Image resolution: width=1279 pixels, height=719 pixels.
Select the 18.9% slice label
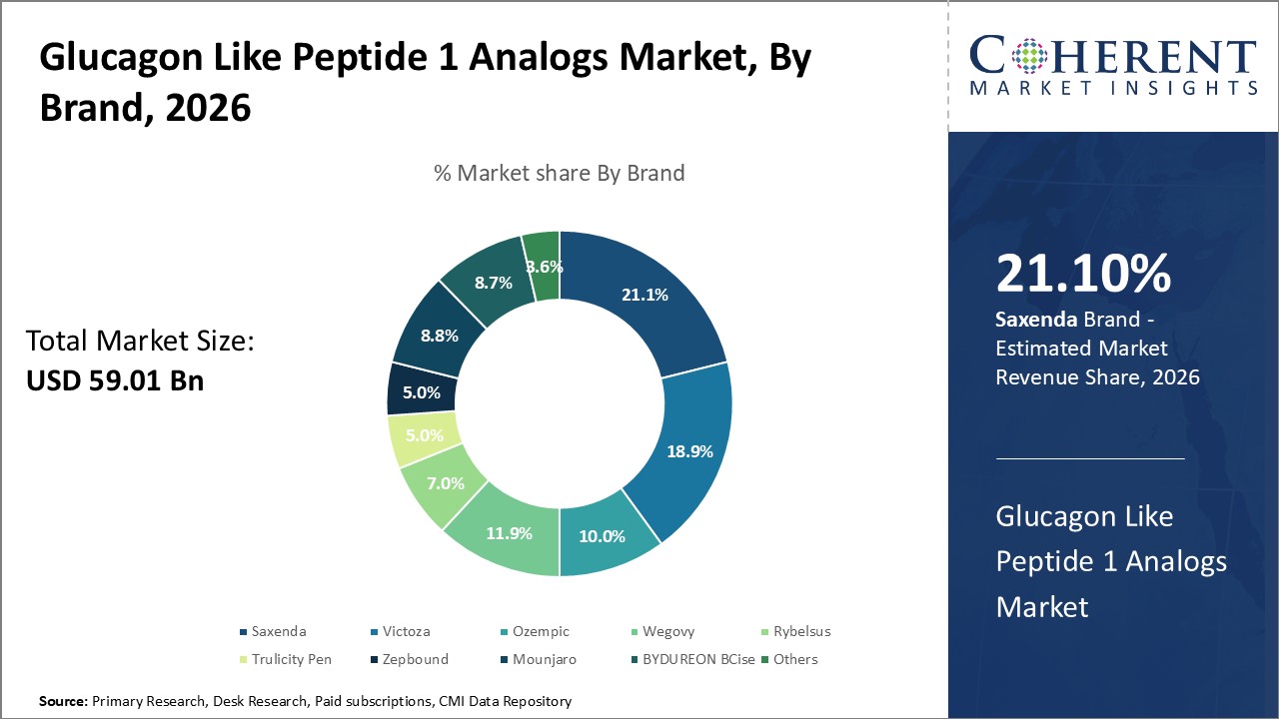(x=689, y=451)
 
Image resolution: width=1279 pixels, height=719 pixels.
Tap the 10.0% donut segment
(x=602, y=536)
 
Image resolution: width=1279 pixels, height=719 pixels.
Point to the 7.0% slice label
(x=446, y=483)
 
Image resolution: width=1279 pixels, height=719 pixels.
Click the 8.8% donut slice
(x=439, y=337)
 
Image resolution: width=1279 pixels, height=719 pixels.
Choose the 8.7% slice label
(x=493, y=283)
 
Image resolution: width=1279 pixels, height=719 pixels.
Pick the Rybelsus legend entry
(x=795, y=631)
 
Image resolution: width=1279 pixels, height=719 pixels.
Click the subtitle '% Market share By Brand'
(x=560, y=173)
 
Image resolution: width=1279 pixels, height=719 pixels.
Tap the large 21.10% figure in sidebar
(x=1083, y=275)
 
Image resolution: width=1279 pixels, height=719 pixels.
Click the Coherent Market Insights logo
(x=1113, y=66)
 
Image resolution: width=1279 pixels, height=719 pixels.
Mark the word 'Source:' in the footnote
(x=63, y=702)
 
